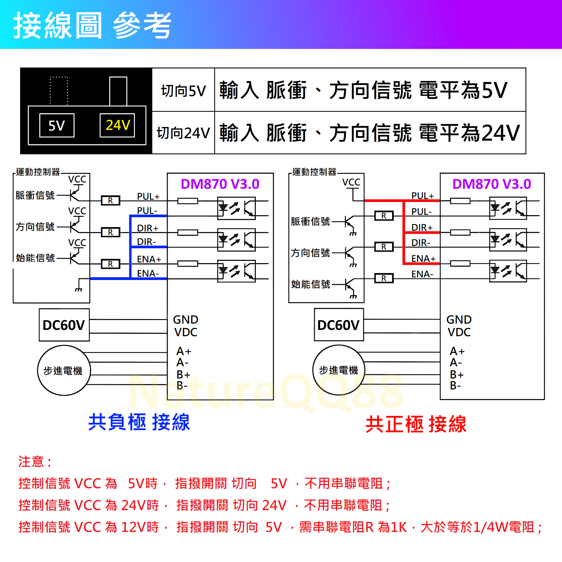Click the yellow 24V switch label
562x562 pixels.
click(118, 125)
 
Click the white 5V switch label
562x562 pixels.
click(57, 126)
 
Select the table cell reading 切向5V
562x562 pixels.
click(183, 90)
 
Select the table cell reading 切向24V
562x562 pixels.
click(183, 133)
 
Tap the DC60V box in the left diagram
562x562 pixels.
click(64, 325)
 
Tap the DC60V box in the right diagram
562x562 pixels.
click(339, 325)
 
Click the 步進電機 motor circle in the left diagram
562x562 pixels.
click(64, 370)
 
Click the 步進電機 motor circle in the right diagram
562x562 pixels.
click(339, 370)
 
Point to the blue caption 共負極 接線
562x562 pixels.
click(139, 422)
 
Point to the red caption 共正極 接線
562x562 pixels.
click(416, 424)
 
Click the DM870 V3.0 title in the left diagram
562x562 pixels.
click(220, 184)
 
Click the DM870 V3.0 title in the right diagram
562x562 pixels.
click(492, 184)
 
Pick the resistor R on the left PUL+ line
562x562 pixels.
click(110, 201)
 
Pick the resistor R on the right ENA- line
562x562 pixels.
click(384, 278)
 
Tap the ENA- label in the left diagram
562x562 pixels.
click(148, 274)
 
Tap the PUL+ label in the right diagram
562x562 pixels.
click(422, 196)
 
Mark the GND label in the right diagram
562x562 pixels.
click(459, 320)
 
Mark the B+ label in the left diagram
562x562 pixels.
click(183, 375)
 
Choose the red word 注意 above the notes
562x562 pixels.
click(31, 462)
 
